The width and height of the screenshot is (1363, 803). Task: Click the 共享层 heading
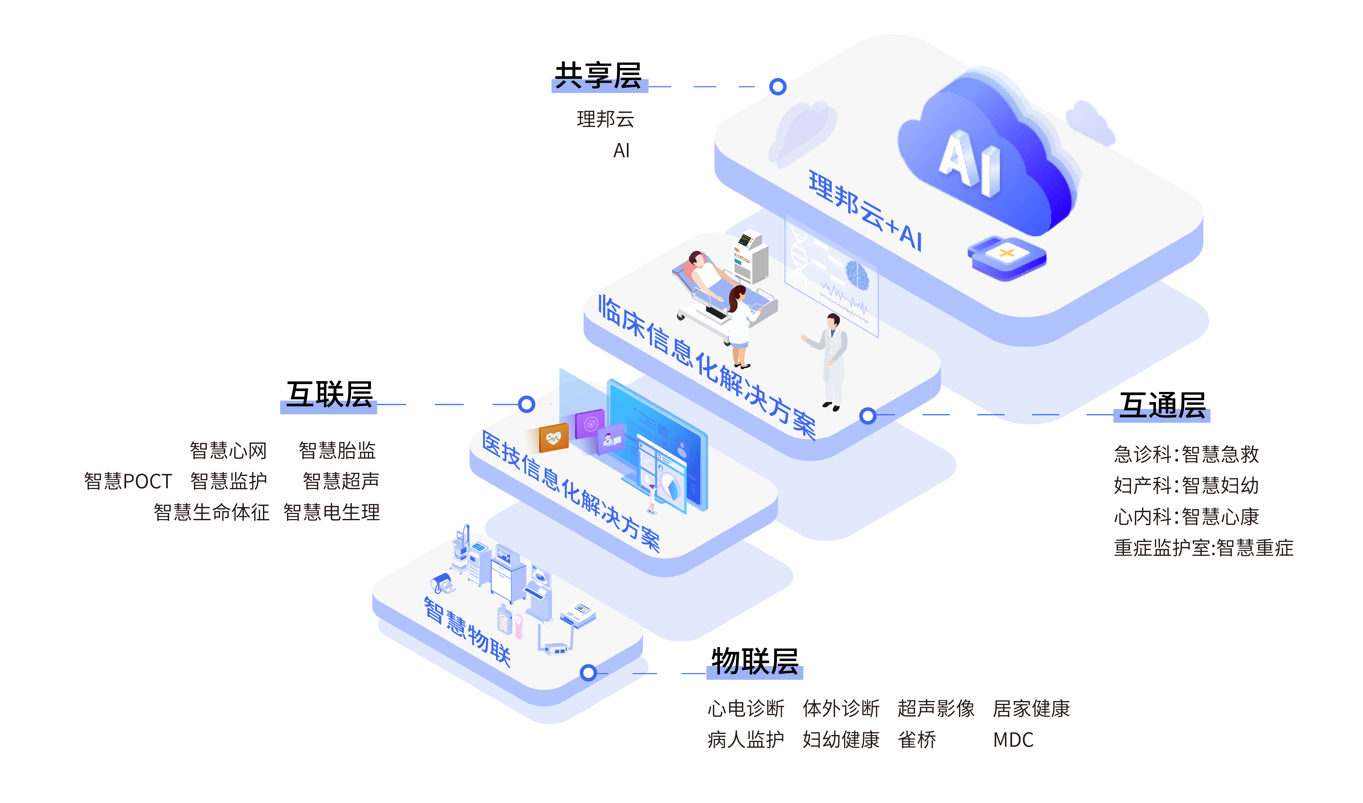pyautogui.click(x=598, y=76)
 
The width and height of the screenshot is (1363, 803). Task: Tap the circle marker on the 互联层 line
pyautogui.click(x=526, y=404)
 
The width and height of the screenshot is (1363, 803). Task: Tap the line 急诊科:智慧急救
pyautogui.click(x=1186, y=454)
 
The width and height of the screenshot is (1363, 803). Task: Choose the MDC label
pyautogui.click(x=1013, y=740)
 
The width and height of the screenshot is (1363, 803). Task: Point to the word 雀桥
pyautogui.click(x=917, y=740)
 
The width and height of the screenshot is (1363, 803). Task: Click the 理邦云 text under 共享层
pyautogui.click(x=605, y=119)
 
